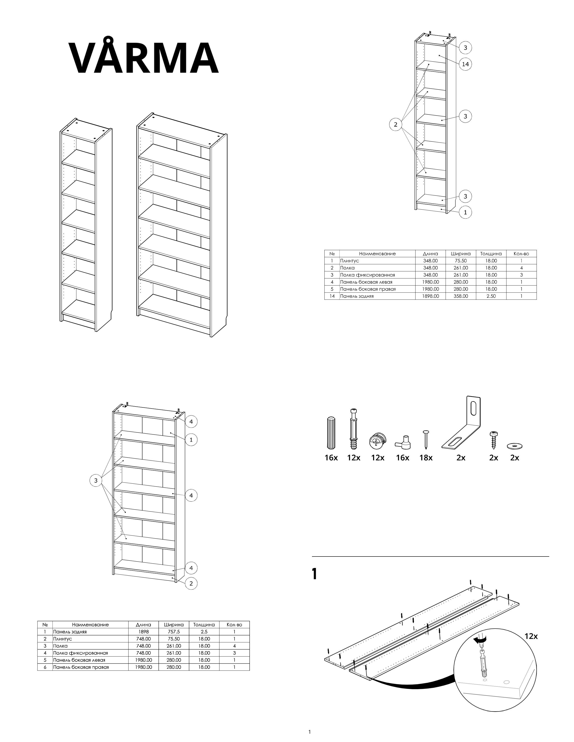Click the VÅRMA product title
(144, 58)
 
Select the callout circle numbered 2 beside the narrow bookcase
(395, 124)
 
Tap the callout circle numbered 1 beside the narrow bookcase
(466, 212)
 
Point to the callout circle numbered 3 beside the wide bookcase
(96, 481)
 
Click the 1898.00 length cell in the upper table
(430, 296)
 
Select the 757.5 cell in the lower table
(173, 632)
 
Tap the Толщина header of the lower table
(204, 624)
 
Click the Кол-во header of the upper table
(521, 253)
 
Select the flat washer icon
(515, 446)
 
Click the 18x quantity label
(426, 458)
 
